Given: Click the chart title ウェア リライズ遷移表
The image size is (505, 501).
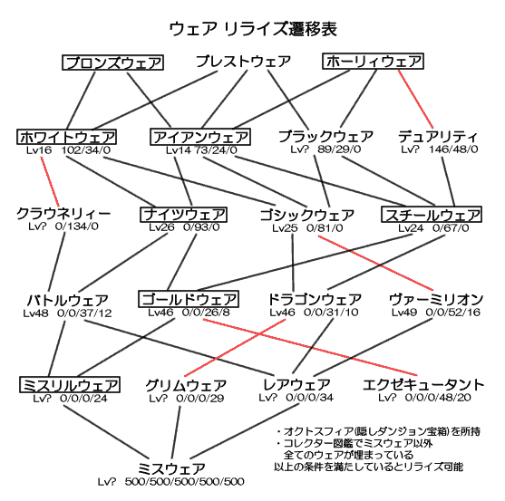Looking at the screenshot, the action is pos(253,29).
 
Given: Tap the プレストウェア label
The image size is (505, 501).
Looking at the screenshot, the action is pos(244,61).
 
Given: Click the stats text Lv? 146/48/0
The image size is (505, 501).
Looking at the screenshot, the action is pos(440,149).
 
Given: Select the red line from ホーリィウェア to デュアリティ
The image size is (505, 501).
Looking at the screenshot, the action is pos(416,99).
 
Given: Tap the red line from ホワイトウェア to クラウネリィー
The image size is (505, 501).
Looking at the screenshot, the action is pos(50,182).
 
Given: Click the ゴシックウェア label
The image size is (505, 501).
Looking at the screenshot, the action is pos(307,215).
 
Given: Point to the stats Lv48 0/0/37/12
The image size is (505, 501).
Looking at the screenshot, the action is pos(67,313).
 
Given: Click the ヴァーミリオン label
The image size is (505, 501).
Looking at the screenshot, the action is pos(436,300).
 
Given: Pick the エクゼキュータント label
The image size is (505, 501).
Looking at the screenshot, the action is pos(423,385).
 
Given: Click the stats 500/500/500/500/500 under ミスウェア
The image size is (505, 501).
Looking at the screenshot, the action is pos(185,482).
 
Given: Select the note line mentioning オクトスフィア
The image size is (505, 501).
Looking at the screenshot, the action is pos(378,431).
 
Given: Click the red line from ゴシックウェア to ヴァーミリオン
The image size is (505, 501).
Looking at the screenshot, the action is pos(375,263).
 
